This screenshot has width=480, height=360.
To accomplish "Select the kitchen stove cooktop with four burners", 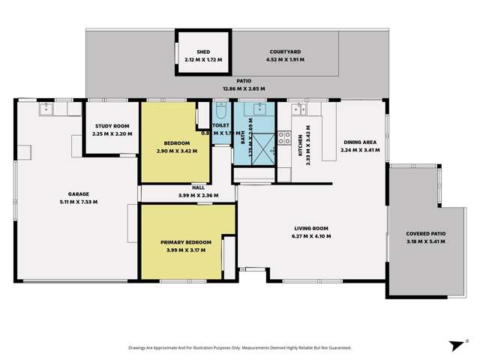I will pyautogui.click(x=285, y=137).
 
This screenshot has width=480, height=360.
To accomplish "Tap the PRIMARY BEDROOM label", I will pyautogui.click(x=186, y=242).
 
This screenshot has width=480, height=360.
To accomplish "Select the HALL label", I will pyautogui.click(x=198, y=188).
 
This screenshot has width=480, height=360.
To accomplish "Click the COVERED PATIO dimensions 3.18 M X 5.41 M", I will pyautogui.click(x=425, y=241).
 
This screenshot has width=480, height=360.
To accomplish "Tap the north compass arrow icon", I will pyautogui.click(x=454, y=344).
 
